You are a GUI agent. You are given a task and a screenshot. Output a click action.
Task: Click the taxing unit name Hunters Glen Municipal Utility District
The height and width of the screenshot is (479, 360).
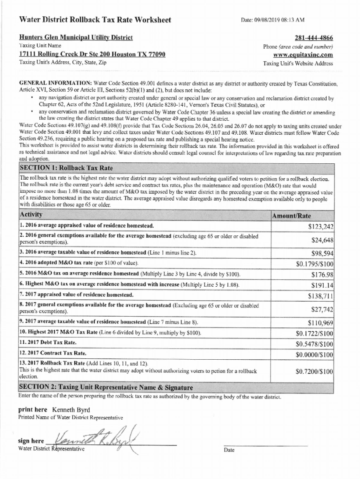coord(76,37)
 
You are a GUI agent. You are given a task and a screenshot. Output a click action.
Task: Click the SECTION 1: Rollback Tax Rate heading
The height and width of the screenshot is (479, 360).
coord(66,168)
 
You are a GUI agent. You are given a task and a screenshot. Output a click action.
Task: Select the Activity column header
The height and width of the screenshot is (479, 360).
coord(31,215)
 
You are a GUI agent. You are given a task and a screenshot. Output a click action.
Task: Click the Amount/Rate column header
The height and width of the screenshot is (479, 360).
coord(292,216)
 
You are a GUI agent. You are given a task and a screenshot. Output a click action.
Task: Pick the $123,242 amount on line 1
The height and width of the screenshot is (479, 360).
coord(320,227)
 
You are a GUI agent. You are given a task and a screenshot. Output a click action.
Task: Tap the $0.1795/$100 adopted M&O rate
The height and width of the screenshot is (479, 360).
coord(314,264)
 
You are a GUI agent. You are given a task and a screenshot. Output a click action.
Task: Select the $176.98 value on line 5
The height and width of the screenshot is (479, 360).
coord(322,275)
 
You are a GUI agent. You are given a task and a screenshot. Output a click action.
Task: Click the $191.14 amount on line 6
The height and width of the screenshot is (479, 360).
coord(322,285)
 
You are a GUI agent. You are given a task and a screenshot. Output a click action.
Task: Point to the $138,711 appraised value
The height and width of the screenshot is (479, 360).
coord(320,296)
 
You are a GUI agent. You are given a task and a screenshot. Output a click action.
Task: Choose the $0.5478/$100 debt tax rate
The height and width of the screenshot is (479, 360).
coord(314,344)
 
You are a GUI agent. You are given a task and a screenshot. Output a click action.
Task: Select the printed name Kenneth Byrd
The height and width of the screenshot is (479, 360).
coord(67,409)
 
